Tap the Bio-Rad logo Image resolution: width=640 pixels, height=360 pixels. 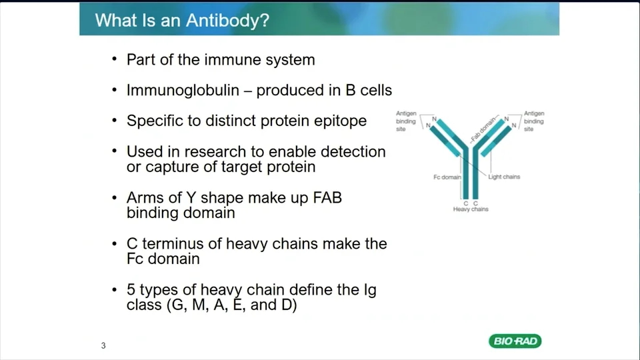tap(515, 341)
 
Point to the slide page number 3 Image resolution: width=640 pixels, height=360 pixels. tap(103, 346)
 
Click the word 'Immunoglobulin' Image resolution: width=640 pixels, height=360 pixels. tap(183, 90)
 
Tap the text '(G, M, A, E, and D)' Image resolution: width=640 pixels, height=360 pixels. tap(232, 305)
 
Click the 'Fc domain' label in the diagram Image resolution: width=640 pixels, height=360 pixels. tap(447, 177)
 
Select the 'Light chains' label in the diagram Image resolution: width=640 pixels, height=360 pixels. tap(504, 177)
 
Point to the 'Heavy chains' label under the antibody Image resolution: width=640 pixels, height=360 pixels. tap(471, 209)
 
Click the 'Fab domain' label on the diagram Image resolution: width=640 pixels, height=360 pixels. tap(483, 129)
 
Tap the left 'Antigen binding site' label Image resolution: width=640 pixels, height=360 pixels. tap(406, 121)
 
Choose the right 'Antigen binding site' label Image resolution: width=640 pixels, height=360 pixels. tap(534, 121)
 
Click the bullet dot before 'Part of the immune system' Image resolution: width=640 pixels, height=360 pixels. tap(114, 59)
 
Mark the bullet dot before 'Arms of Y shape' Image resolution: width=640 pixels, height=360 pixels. tap(114, 197)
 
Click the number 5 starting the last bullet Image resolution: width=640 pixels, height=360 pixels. tap(131, 290)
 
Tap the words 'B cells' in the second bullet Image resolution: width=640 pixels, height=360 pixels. tap(369, 90)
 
